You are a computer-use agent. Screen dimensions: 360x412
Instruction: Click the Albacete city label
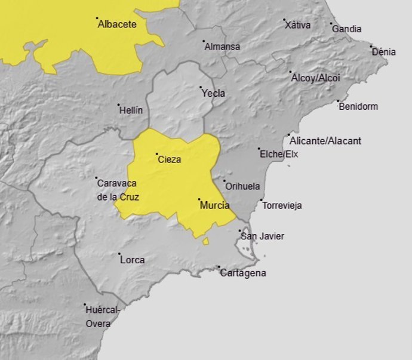tap(117, 24)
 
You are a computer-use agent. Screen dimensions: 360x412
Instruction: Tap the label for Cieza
tap(169, 159)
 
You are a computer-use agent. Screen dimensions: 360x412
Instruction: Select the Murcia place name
tap(214, 205)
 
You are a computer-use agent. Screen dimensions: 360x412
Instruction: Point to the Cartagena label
tap(243, 273)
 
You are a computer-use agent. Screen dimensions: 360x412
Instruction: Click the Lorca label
tap(132, 260)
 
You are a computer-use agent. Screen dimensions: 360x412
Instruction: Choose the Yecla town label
tap(213, 93)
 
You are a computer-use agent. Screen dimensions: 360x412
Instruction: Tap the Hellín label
tap(131, 110)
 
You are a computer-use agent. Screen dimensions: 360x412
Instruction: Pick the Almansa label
tap(222, 47)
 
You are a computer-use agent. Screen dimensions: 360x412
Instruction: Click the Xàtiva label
tap(297, 25)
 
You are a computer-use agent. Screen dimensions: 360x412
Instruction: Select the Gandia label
tap(346, 29)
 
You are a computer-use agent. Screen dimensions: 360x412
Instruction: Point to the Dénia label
tap(383, 52)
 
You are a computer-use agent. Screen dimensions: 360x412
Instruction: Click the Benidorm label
tap(358, 107)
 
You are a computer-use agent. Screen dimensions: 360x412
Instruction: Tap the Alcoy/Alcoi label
tap(315, 78)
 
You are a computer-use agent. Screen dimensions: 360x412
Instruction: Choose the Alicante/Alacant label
tap(325, 141)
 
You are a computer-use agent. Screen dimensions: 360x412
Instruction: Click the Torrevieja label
tap(282, 205)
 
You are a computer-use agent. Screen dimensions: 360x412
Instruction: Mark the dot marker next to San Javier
tap(239, 230)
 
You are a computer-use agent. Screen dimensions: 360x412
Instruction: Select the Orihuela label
tap(242, 186)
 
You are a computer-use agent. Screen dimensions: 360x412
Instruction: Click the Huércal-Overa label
tap(102, 316)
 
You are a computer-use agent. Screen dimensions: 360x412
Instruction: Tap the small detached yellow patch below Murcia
tap(205, 241)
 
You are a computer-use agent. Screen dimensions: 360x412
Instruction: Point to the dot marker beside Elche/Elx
tap(259, 149)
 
